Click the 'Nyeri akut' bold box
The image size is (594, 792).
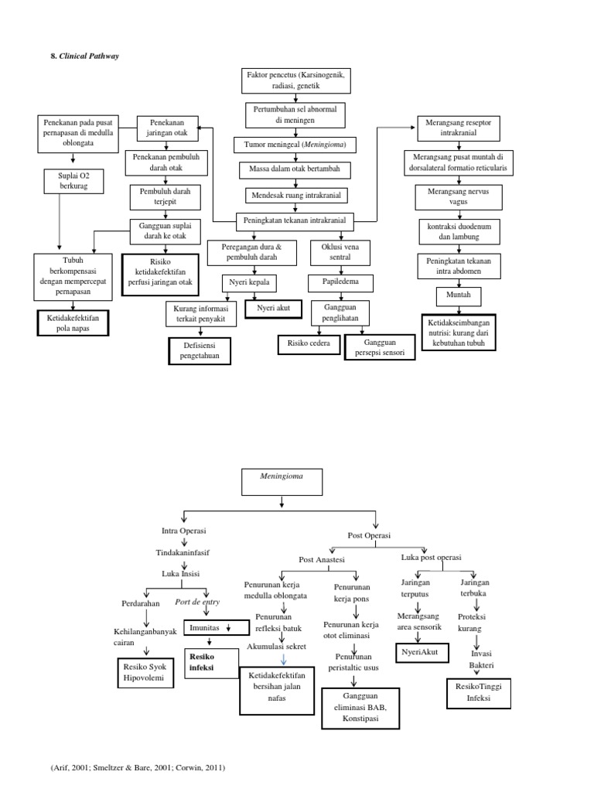(x=273, y=308)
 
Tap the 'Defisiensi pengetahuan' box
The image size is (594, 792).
(x=200, y=350)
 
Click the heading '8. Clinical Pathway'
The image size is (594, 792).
(x=85, y=56)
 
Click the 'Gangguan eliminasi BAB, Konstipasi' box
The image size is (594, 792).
(x=360, y=708)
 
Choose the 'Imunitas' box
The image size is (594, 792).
(x=209, y=627)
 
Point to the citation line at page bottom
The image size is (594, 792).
(x=138, y=768)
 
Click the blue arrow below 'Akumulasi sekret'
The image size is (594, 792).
(x=284, y=659)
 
